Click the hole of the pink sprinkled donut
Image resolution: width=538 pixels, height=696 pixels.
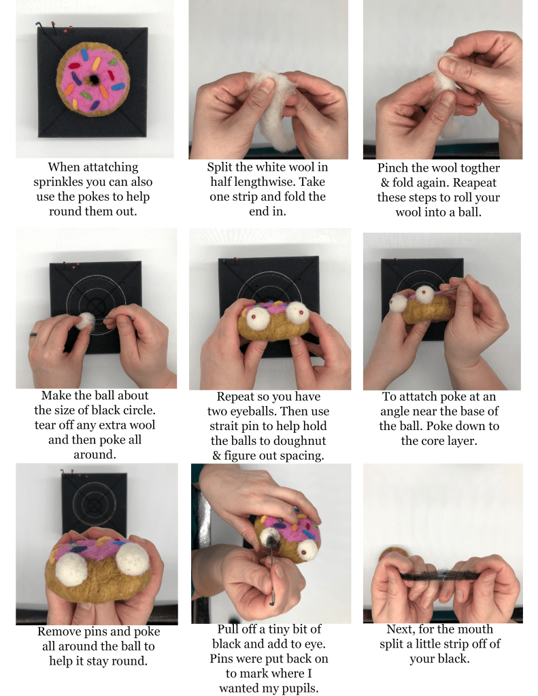pos(94,80)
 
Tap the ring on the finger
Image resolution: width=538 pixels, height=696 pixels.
pos(33,335)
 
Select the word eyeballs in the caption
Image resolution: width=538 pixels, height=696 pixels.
pos(251,412)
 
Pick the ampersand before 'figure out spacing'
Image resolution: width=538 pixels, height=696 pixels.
pos(216,455)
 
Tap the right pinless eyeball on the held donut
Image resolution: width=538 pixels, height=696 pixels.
pos(132,557)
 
